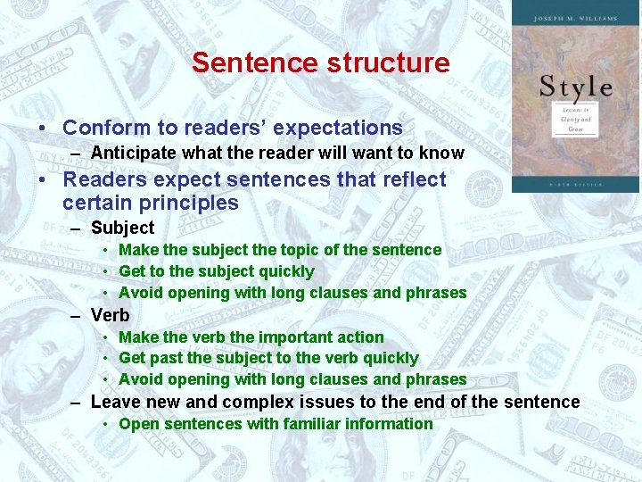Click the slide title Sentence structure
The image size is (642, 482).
pos(320,62)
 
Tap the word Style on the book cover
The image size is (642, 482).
pos(576,87)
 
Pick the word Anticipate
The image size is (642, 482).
pos(131,153)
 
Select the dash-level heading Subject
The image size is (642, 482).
pos(122,228)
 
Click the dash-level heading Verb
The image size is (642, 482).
pos(110,315)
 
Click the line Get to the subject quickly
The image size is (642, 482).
pos(216,271)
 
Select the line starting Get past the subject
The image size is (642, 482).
pos(267,358)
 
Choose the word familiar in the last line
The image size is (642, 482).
pos(316,424)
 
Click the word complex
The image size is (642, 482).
pos(256,402)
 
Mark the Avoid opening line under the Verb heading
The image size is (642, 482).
pos(292,379)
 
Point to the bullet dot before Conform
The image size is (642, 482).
pos(42,129)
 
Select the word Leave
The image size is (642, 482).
pos(117,402)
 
